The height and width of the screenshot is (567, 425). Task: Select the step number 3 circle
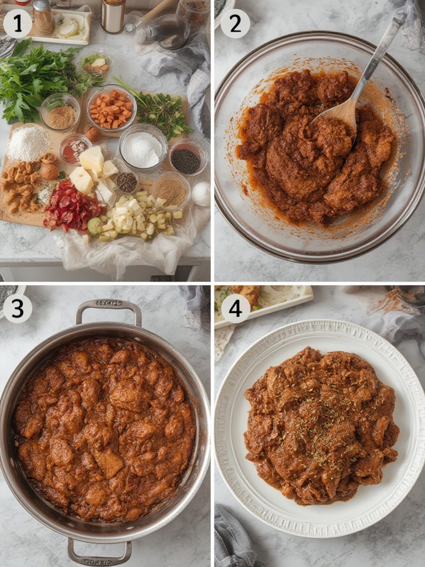pyautogui.click(x=18, y=309)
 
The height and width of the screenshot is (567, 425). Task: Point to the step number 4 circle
pyautogui.click(x=235, y=309)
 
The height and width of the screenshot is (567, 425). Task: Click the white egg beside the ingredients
pyautogui.click(x=201, y=193)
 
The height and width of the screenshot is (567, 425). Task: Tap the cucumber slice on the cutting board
pyautogui.click(x=95, y=227)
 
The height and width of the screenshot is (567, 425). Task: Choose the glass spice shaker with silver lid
pyautogui.click(x=43, y=17)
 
